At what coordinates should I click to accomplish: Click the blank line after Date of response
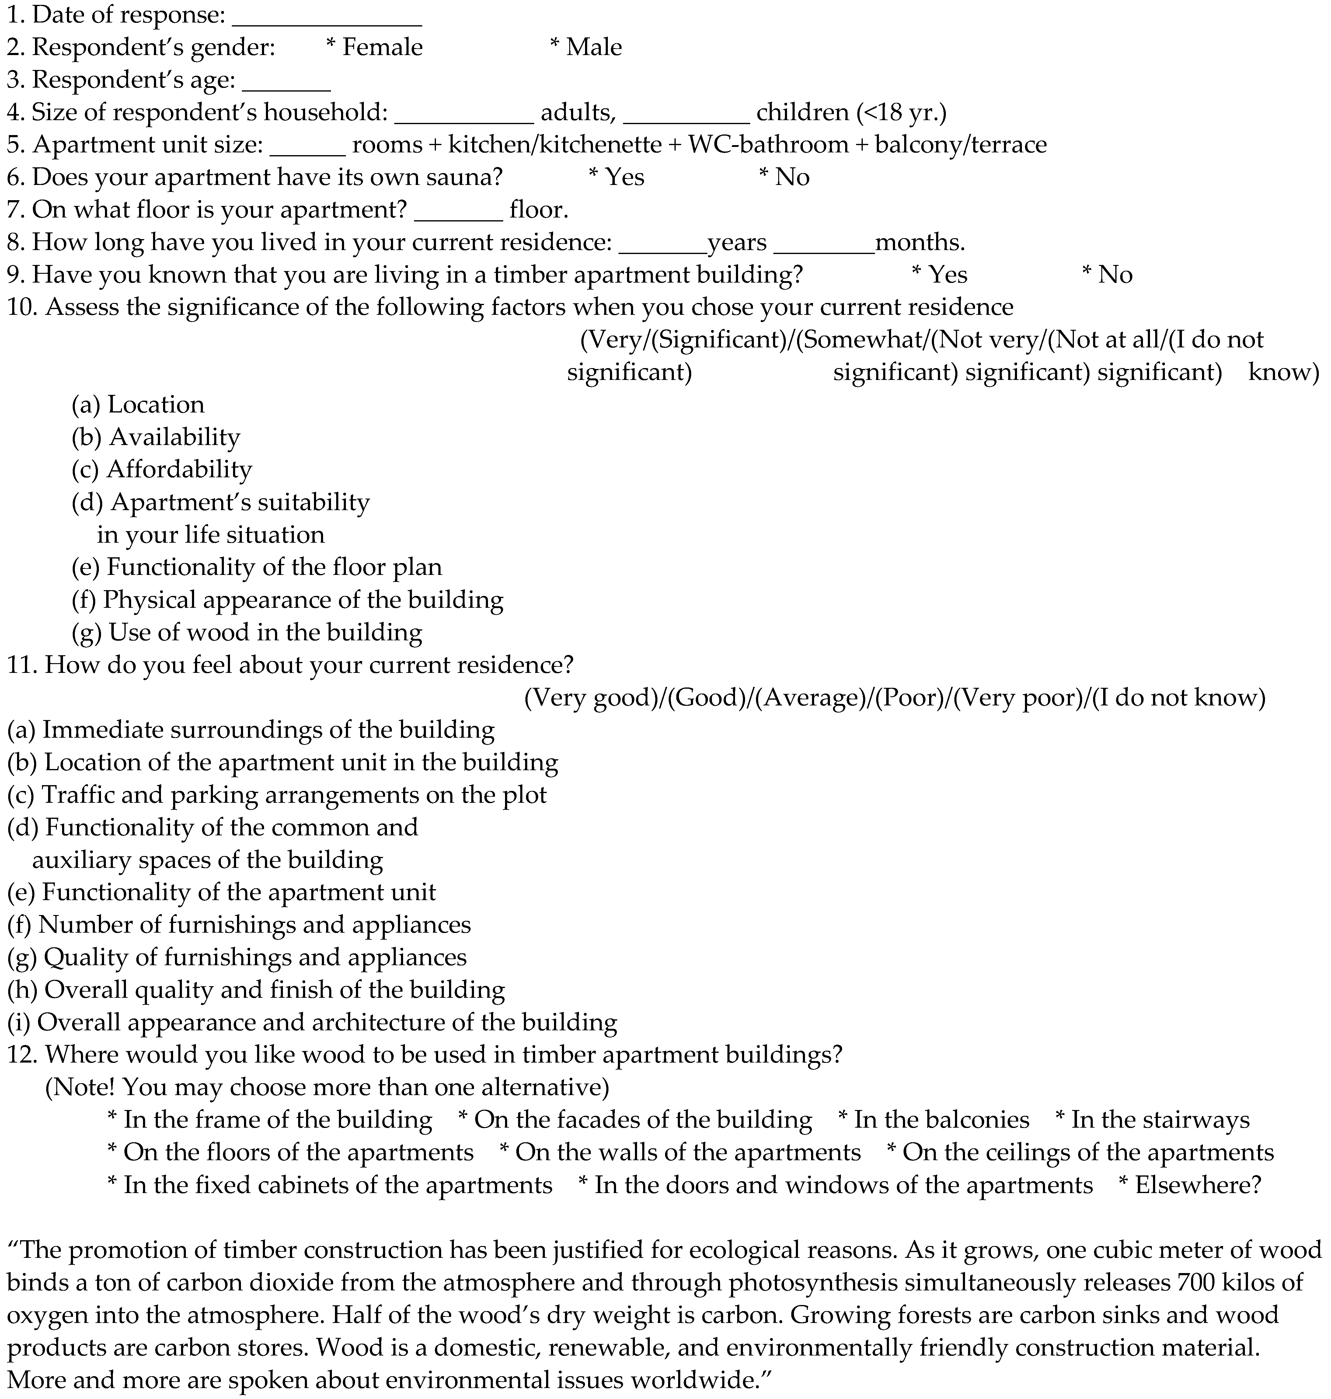pyautogui.click(x=327, y=21)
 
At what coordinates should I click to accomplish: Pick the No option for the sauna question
pyautogui.click(x=784, y=177)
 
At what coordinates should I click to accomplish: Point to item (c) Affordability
pyautogui.click(x=162, y=470)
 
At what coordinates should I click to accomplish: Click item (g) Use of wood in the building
pyautogui.click(x=247, y=632)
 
